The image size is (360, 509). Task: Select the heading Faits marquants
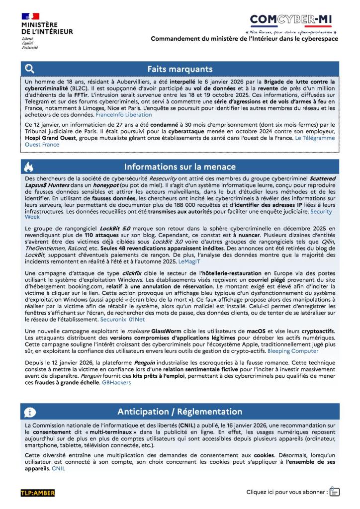tap(180, 69)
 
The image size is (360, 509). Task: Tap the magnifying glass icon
tap(30, 69)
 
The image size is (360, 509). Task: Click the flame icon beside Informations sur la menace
tap(29, 167)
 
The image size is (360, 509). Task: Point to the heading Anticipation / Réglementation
tap(180, 412)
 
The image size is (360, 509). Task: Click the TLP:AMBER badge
tap(38, 493)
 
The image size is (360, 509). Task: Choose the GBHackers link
tap(116, 382)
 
